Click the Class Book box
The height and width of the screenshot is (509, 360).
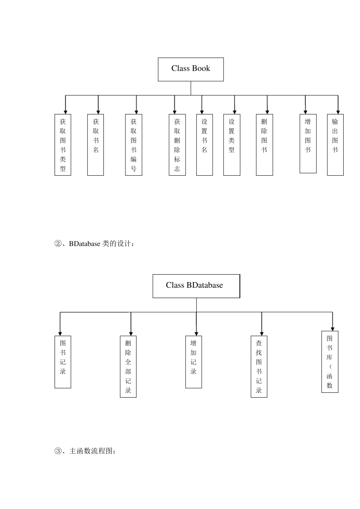(x=191, y=69)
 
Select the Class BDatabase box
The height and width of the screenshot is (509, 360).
(x=196, y=286)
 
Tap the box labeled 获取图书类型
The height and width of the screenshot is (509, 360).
(x=63, y=145)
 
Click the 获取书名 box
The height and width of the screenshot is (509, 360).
(x=95, y=145)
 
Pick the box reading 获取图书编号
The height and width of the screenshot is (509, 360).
(x=134, y=145)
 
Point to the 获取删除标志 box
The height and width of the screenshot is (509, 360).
(x=177, y=145)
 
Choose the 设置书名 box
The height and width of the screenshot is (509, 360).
(x=204, y=145)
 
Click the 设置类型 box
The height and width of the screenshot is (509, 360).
(x=232, y=145)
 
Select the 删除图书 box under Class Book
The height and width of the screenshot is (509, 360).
(x=264, y=145)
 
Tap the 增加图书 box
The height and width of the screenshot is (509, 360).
(x=308, y=144)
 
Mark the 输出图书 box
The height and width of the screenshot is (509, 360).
(x=335, y=145)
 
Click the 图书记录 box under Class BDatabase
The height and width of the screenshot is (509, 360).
(x=63, y=362)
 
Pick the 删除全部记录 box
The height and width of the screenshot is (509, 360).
(x=128, y=366)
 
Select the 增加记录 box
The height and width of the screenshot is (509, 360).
(x=194, y=362)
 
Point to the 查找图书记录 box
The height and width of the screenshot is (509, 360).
(x=259, y=366)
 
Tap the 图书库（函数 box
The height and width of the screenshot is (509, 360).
(x=330, y=362)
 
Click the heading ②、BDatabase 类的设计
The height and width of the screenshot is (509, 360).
(x=94, y=244)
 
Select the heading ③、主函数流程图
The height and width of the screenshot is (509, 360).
(x=85, y=451)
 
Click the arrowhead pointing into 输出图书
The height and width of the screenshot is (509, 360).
(x=338, y=112)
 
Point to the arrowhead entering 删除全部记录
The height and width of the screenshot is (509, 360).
(x=131, y=334)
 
